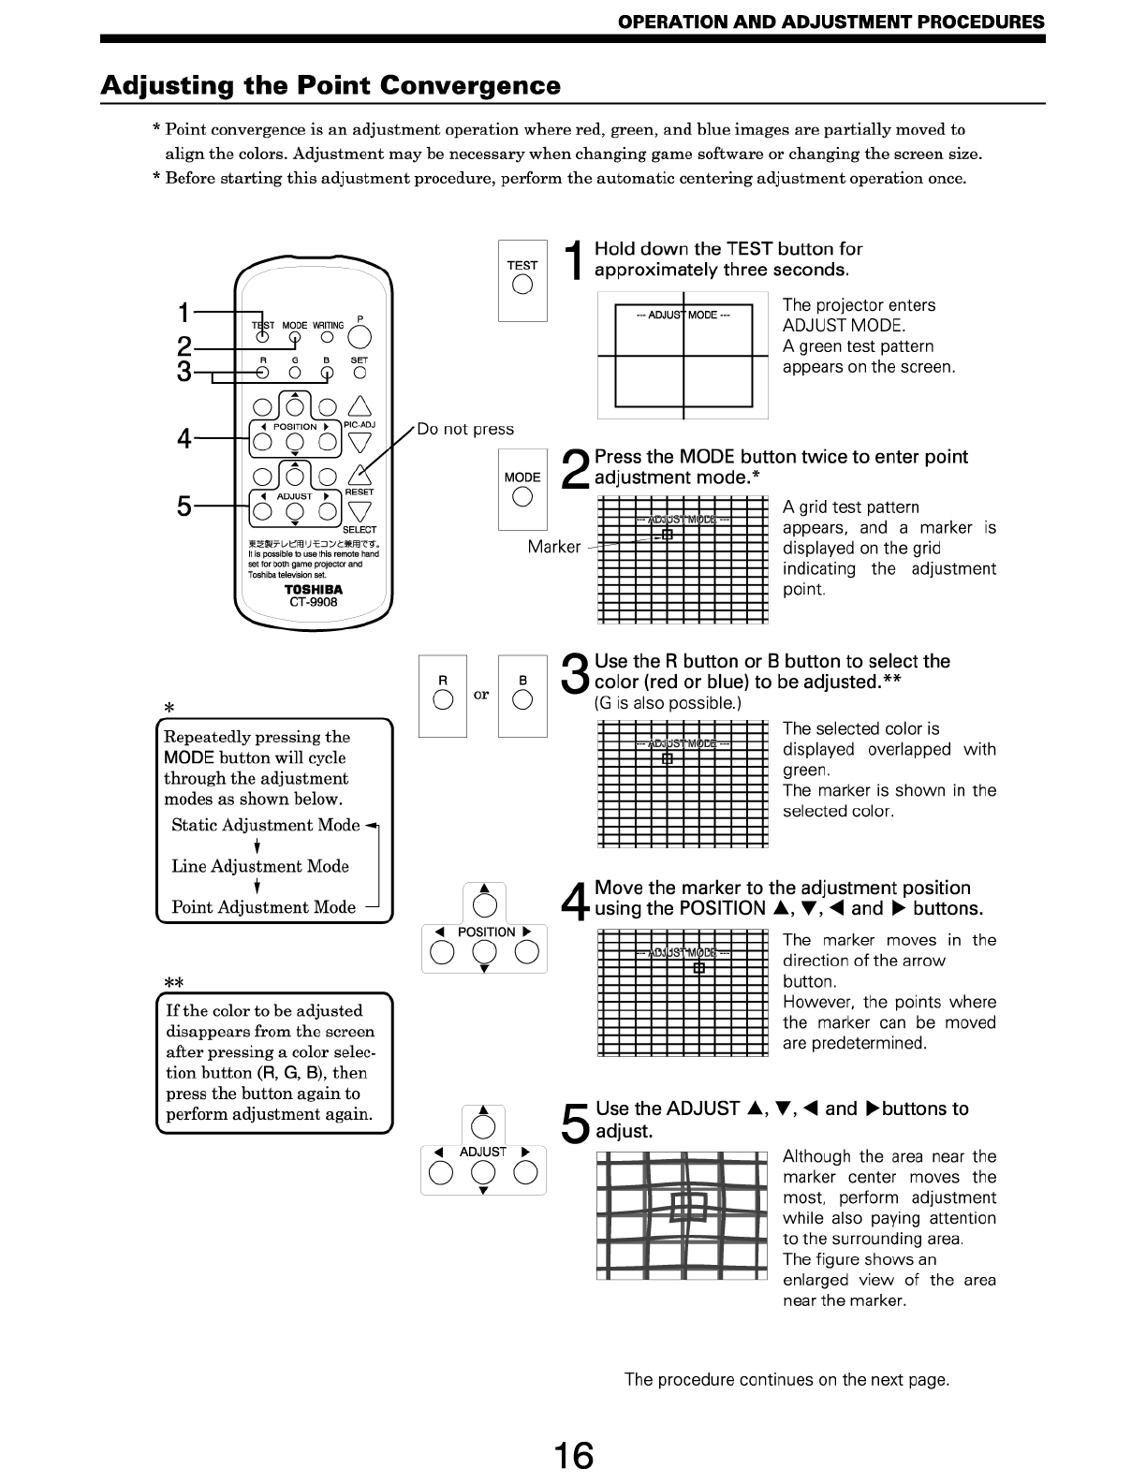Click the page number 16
(573, 1456)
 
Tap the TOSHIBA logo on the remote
(314, 589)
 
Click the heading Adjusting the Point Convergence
(331, 86)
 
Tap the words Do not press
(465, 429)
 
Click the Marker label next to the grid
(553, 547)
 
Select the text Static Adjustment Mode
(266, 825)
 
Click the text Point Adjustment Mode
(264, 907)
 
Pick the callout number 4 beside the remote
(184, 438)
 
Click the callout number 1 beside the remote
(184, 311)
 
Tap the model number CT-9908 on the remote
(313, 602)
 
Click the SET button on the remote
(360, 372)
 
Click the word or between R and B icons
(481, 695)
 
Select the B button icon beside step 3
(522, 697)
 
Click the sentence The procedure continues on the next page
(786, 1379)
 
